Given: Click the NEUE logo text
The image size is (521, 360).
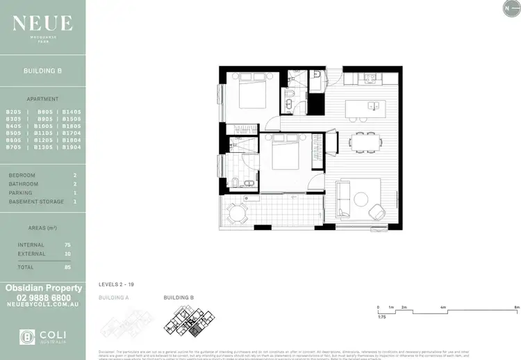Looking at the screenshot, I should pyautogui.click(x=42, y=24).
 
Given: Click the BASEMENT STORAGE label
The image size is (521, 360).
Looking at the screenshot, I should pyautogui.click(x=36, y=202).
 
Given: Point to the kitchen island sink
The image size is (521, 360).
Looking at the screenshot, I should pyautogui.click(x=373, y=106).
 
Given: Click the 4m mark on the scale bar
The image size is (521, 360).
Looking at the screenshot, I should pyautogui.click(x=443, y=306).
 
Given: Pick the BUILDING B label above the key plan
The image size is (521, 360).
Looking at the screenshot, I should pyautogui.click(x=179, y=297).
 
